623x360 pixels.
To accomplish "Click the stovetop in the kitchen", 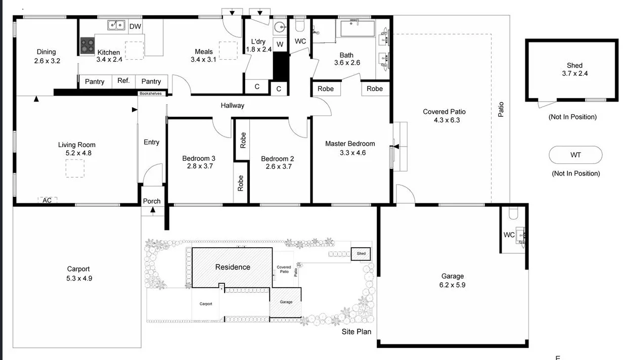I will coord(87,46).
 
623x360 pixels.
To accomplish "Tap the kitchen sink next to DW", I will coord(116,25).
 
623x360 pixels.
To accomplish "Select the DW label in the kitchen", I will coord(135,26).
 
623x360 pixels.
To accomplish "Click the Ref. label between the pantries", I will coord(123,81).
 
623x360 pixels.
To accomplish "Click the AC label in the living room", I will coord(47,200).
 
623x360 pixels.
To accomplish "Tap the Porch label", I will coord(152,201).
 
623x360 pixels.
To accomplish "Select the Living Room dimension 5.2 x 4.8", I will coord(77,153).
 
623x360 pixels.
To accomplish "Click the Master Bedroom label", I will coord(350,144).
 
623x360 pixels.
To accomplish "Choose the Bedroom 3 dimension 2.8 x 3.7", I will coord(199,166).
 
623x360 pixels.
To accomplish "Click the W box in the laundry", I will coord(280,44).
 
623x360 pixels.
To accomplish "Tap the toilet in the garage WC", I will coord(513,212).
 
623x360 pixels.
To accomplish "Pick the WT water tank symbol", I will coord(575,155).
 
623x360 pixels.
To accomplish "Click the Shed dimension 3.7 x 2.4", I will coord(574,73).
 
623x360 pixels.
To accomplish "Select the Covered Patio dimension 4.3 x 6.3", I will coord(444,120).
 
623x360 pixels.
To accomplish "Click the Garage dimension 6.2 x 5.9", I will coord(452,285).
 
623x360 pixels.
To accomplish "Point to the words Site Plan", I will coord(357,332).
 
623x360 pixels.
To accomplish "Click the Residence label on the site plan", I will coord(233,267).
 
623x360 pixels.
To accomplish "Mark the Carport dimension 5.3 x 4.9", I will coord(78,278).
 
